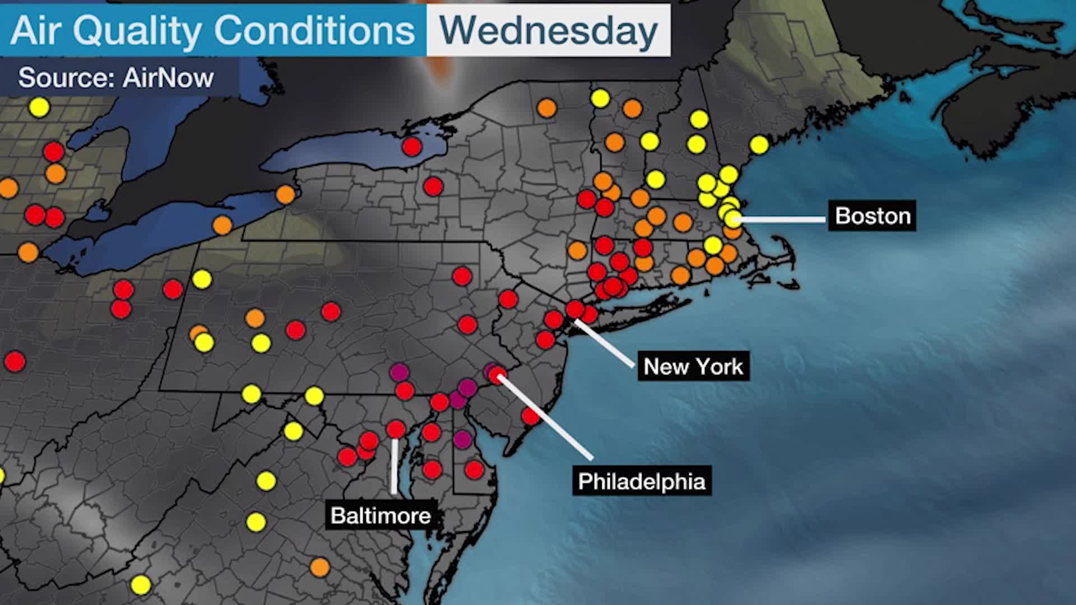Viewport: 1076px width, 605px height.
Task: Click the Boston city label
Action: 872,216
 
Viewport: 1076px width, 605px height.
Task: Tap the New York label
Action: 693,366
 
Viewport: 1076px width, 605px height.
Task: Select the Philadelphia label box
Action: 642,481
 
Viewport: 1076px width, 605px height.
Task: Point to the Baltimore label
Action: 381,515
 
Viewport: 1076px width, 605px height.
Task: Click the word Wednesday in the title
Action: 548,30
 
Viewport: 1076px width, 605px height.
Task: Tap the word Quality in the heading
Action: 137,30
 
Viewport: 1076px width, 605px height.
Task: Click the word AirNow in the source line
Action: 168,77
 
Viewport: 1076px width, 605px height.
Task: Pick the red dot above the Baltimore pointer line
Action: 396,430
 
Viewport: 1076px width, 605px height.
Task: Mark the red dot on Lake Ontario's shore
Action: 411,147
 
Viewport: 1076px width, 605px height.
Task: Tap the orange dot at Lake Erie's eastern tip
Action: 285,194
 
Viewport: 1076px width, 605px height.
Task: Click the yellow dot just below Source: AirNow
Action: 39,106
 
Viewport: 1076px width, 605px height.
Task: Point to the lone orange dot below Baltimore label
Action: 319,567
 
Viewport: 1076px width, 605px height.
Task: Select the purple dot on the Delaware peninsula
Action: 462,439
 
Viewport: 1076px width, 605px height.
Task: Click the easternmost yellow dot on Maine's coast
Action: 759,145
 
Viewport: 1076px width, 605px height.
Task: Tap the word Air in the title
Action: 35,30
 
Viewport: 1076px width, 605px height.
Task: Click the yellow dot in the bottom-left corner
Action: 141,585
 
